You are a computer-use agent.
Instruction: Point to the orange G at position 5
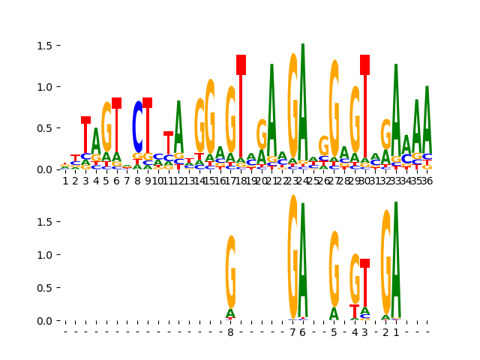click(106, 127)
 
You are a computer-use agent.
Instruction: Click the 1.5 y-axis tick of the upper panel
click(46, 46)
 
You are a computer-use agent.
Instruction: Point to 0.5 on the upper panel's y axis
click(46, 128)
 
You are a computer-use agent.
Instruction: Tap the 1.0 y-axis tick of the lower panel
click(46, 255)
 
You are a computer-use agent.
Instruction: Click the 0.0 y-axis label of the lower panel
click(46, 321)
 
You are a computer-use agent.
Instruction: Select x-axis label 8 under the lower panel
click(230, 332)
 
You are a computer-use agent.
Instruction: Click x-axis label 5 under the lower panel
click(334, 332)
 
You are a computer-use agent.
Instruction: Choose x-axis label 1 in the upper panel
click(65, 181)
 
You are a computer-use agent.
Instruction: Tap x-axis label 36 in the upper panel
click(426, 181)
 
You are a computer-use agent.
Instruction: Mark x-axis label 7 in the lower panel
click(292, 332)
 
